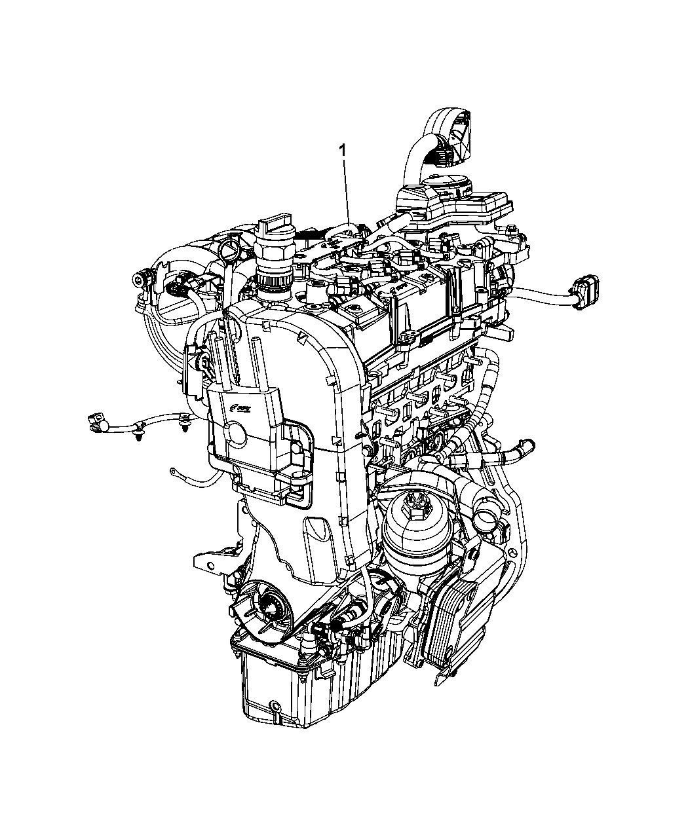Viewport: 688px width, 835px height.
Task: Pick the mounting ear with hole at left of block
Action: click(204, 559)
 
